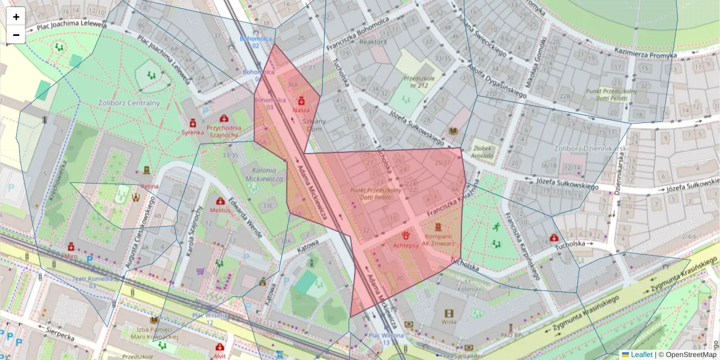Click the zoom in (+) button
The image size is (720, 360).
pyautogui.click(x=16, y=16)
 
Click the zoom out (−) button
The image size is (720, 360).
pyautogui.click(x=16, y=35)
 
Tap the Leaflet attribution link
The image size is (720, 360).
pyautogui.click(x=641, y=355)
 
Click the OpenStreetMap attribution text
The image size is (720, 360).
pyautogui.click(x=691, y=355)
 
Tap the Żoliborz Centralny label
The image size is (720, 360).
pyautogui.click(x=128, y=103)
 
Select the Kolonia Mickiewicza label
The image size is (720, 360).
pyautogui.click(x=263, y=175)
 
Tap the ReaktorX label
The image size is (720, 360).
pyautogui.click(x=373, y=42)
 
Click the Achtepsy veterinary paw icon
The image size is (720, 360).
pyautogui.click(x=406, y=235)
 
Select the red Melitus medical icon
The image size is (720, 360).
pyautogui.click(x=220, y=202)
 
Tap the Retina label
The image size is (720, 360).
pyautogui.click(x=149, y=186)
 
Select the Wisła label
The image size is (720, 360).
pyautogui.click(x=449, y=322)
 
